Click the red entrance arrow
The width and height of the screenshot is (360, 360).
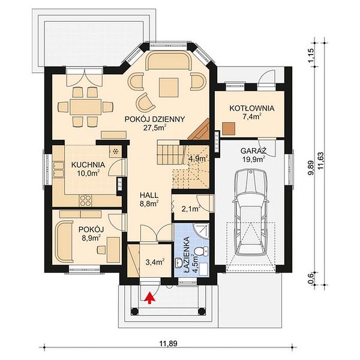pyautogui.click(x=149, y=298)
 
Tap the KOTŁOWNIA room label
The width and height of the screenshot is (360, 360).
pyautogui.click(x=252, y=108)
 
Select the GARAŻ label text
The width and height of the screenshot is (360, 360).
pyautogui.click(x=253, y=151)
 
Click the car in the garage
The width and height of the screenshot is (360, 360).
pyautogui.click(x=251, y=213)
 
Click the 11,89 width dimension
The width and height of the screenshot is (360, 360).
pyautogui.click(x=168, y=343)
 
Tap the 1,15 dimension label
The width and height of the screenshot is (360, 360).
pyautogui.click(x=311, y=55)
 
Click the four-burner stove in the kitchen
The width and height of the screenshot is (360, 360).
pyautogui.click(x=85, y=200)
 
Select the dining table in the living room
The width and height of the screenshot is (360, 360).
pyautogui.click(x=86, y=107)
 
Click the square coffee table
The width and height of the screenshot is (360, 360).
pyautogui.click(x=169, y=87)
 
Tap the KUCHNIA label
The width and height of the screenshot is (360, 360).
pyautogui.click(x=88, y=165)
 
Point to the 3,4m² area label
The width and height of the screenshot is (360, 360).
pyautogui.click(x=155, y=262)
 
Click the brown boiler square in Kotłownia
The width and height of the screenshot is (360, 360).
pyautogui.click(x=229, y=128)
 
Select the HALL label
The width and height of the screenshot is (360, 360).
pyautogui.click(x=149, y=196)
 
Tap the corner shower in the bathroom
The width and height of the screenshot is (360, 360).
pyautogui.click(x=201, y=232)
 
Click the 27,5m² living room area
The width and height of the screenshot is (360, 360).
pyautogui.click(x=155, y=128)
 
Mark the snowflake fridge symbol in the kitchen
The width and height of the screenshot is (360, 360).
pyautogui.click(x=116, y=151)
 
